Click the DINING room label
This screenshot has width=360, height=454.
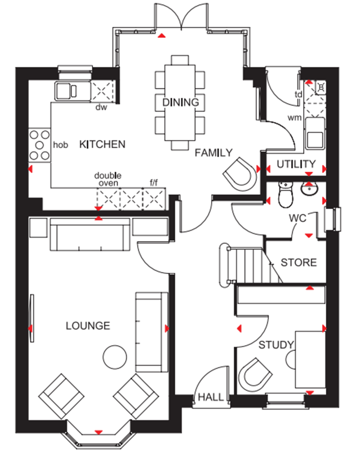pyautogui.click(x=180, y=102)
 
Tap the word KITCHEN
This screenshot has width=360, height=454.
pyautogui.click(x=102, y=144)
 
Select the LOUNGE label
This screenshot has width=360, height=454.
pyautogui.click(x=88, y=326)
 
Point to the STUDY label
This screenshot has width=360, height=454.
pyautogui.click(x=276, y=345)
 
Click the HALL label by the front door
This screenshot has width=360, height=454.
pyautogui.click(x=211, y=397)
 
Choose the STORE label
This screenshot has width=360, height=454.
pyautogui.click(x=298, y=262)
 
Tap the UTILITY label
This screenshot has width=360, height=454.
pyautogui.click(x=296, y=164)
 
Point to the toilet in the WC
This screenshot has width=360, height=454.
pyautogui.click(x=285, y=195)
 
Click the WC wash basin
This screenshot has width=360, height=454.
pyautogui.click(x=309, y=189)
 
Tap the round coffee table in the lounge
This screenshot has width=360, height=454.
pyautogui.click(x=114, y=357)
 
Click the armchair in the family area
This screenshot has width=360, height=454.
pyautogui.click(x=240, y=174)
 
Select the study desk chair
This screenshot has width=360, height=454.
pyautogui.click(x=255, y=376)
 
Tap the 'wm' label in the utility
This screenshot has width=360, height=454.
pyautogui.click(x=295, y=118)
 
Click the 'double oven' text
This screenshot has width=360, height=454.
pyautogui.click(x=108, y=179)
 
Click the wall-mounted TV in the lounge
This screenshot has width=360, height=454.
pyautogui.click(x=32, y=318)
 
